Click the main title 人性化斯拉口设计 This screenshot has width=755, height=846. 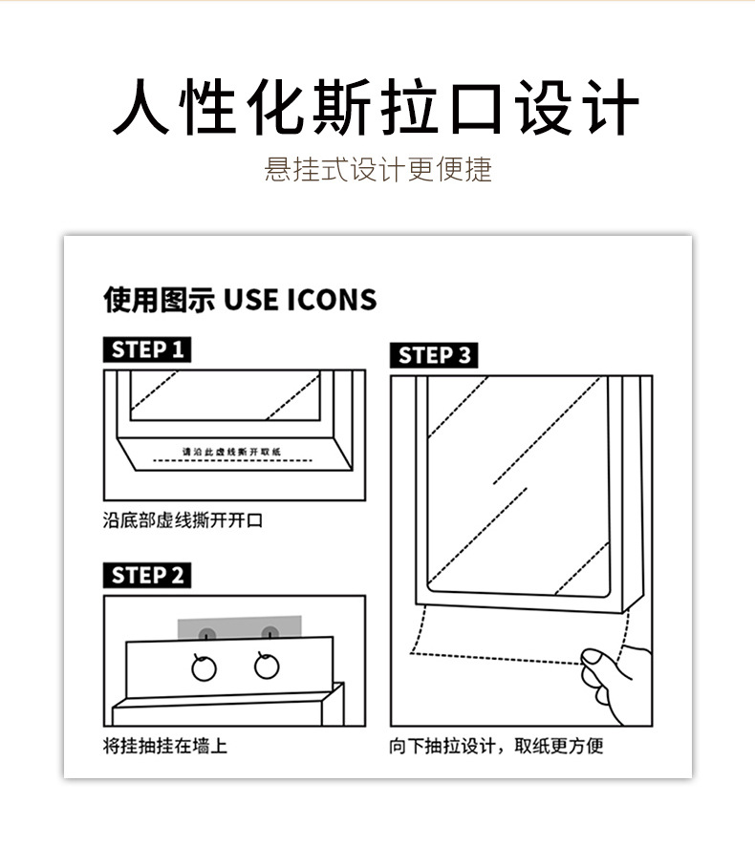point(376,108)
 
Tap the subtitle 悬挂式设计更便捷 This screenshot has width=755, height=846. point(377,170)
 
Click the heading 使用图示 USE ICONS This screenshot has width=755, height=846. point(240,300)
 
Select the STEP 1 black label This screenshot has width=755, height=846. point(146,349)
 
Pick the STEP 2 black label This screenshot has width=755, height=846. point(146,575)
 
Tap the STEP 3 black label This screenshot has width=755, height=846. point(433,355)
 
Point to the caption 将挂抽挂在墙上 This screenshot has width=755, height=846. point(164,746)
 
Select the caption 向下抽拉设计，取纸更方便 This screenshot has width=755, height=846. point(495,746)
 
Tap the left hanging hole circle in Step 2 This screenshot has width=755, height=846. point(204,667)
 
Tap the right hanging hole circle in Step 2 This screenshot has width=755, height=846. point(267,666)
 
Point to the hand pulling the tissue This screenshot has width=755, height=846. point(616,683)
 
